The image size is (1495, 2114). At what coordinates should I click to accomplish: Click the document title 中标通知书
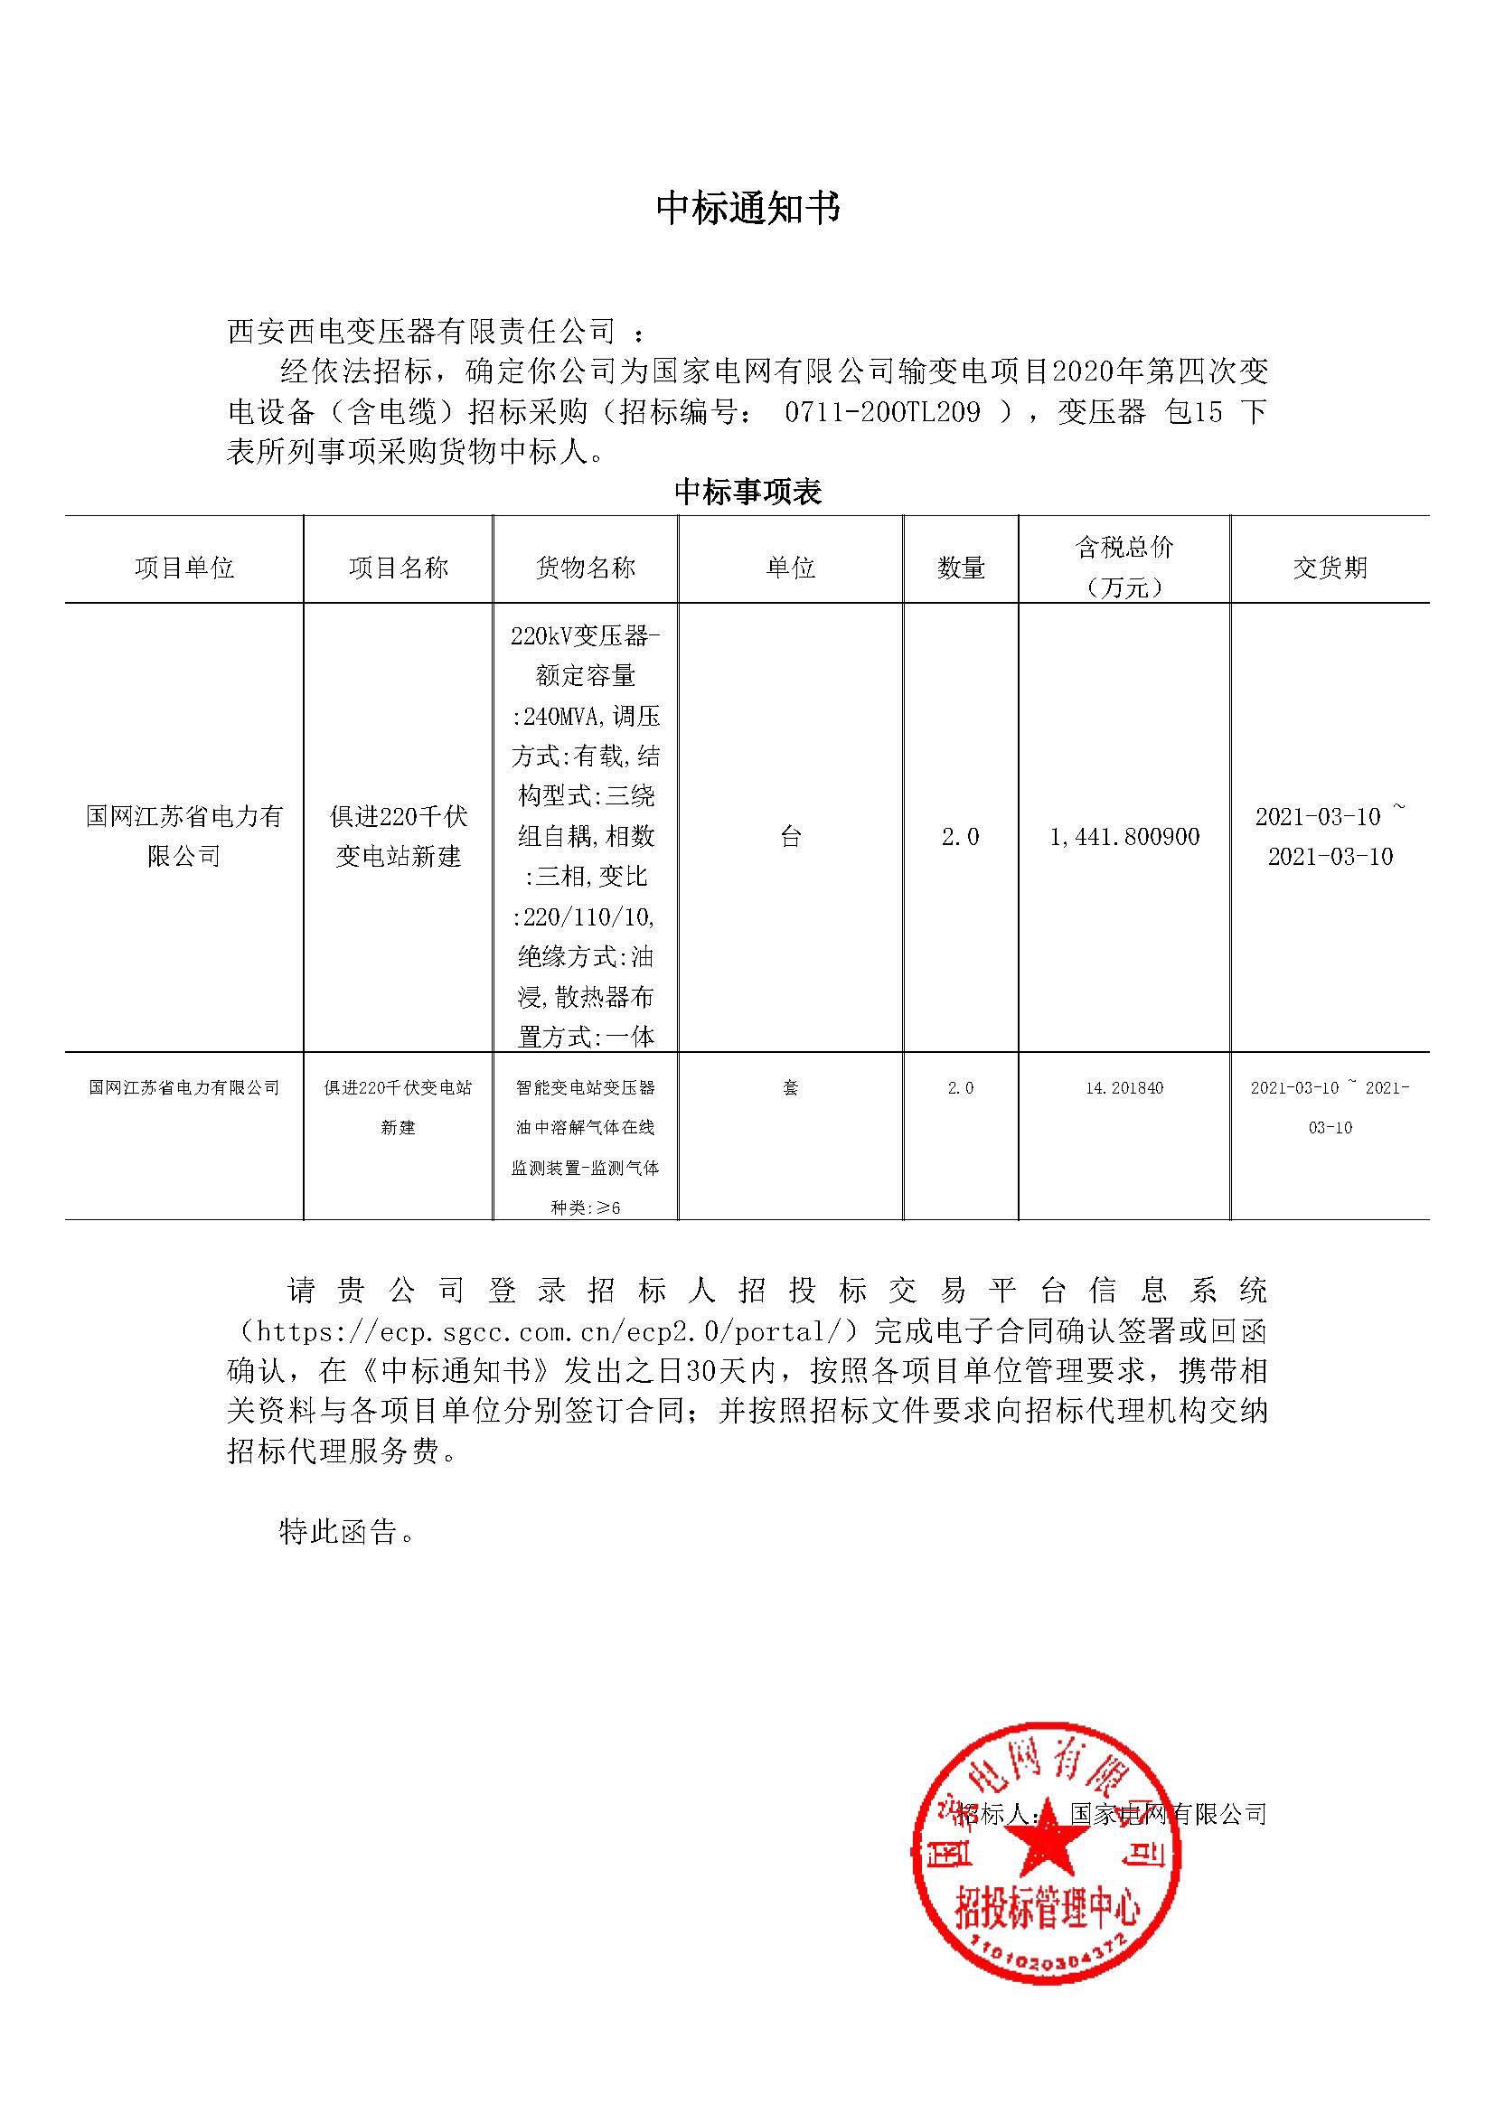click(747, 209)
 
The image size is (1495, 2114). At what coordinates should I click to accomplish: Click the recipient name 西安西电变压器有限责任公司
click(420, 332)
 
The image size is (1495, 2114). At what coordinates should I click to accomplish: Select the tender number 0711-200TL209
click(882, 411)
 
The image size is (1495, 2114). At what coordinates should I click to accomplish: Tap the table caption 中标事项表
click(747, 492)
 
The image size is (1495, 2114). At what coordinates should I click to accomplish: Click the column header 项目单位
click(184, 568)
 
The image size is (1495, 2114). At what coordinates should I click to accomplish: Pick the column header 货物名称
click(586, 568)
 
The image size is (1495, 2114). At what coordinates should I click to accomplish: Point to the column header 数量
click(960, 568)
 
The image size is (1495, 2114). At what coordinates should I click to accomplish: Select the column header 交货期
click(1330, 568)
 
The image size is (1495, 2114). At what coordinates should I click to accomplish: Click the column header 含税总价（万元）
click(1124, 568)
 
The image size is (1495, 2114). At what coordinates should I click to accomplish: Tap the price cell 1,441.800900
click(1124, 836)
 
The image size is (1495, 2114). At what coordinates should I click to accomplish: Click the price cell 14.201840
click(1124, 1088)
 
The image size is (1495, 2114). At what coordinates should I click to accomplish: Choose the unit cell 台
click(791, 836)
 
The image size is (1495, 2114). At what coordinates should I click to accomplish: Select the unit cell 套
click(791, 1088)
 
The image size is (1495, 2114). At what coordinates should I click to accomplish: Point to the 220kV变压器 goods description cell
click(586, 836)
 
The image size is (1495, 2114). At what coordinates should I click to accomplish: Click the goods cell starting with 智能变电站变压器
click(586, 1146)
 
